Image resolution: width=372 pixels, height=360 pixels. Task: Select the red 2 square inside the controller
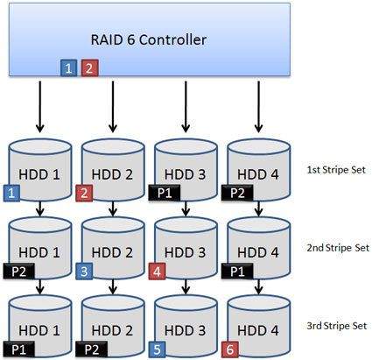[88, 67]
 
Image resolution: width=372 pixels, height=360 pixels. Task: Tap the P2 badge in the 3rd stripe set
[94, 349]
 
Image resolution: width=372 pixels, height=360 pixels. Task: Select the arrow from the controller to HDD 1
[39, 106]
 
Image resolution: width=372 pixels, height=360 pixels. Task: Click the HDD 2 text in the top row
[112, 175]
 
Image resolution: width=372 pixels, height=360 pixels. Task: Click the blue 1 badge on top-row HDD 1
[12, 191]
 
